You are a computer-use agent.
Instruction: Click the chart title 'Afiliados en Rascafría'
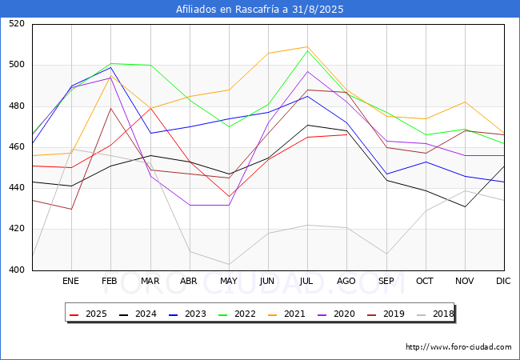pos(260,10)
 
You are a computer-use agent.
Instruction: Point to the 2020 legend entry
pos(346,314)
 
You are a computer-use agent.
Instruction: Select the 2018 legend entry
pos(443,314)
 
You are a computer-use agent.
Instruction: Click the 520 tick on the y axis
pos(17,24)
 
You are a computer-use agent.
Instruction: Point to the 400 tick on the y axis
pos(17,270)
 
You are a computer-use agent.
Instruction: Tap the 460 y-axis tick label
pos(17,147)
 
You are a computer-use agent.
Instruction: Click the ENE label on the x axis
pos(71,282)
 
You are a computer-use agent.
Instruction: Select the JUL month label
pos(307,282)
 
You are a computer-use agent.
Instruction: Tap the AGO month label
pos(346,282)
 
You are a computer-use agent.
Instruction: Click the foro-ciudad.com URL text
pos(458,347)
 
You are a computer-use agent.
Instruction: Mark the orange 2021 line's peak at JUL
pos(307,46)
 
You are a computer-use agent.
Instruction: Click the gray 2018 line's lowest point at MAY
pos(229,265)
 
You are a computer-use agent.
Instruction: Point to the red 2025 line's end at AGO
pos(346,134)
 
